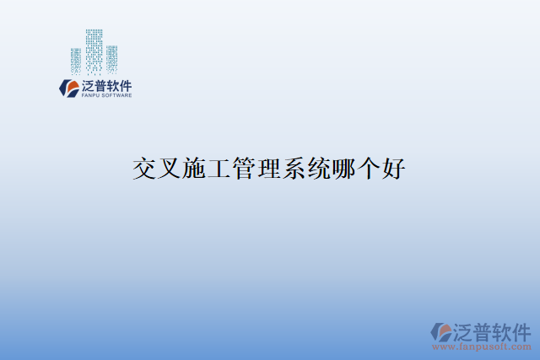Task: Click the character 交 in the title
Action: pos(145,169)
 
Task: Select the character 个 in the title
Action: pos(369,169)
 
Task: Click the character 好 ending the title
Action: pos(394,169)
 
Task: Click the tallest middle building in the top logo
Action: pos(94,51)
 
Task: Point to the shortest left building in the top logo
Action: pos(76,61)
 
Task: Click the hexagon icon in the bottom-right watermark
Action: pos(440,331)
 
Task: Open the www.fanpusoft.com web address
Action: pos(482,347)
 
